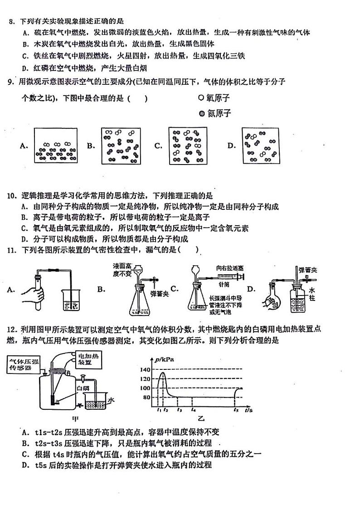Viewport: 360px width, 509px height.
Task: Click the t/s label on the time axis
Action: coord(249,410)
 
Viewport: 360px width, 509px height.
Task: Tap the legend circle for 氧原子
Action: coord(201,97)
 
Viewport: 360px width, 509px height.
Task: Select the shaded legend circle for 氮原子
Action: coord(201,113)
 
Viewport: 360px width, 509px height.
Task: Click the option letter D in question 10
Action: coord(24,239)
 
